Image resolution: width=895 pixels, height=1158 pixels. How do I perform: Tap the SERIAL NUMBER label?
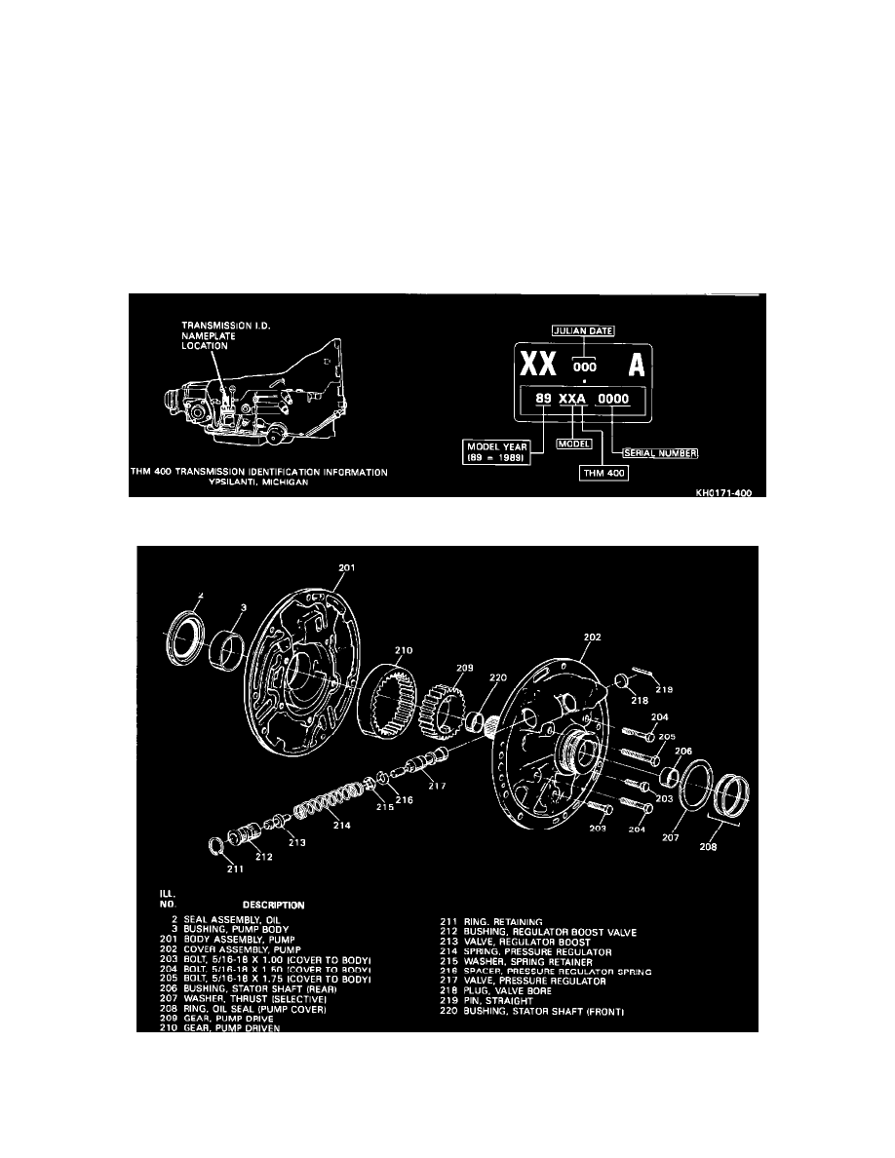tap(660, 452)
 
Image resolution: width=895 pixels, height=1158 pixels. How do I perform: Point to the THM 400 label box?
tap(602, 474)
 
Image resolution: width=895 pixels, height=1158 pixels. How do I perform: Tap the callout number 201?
tap(347, 567)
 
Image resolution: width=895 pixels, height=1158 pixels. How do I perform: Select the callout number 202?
tap(591, 637)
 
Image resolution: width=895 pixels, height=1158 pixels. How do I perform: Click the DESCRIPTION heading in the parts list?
tap(274, 905)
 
